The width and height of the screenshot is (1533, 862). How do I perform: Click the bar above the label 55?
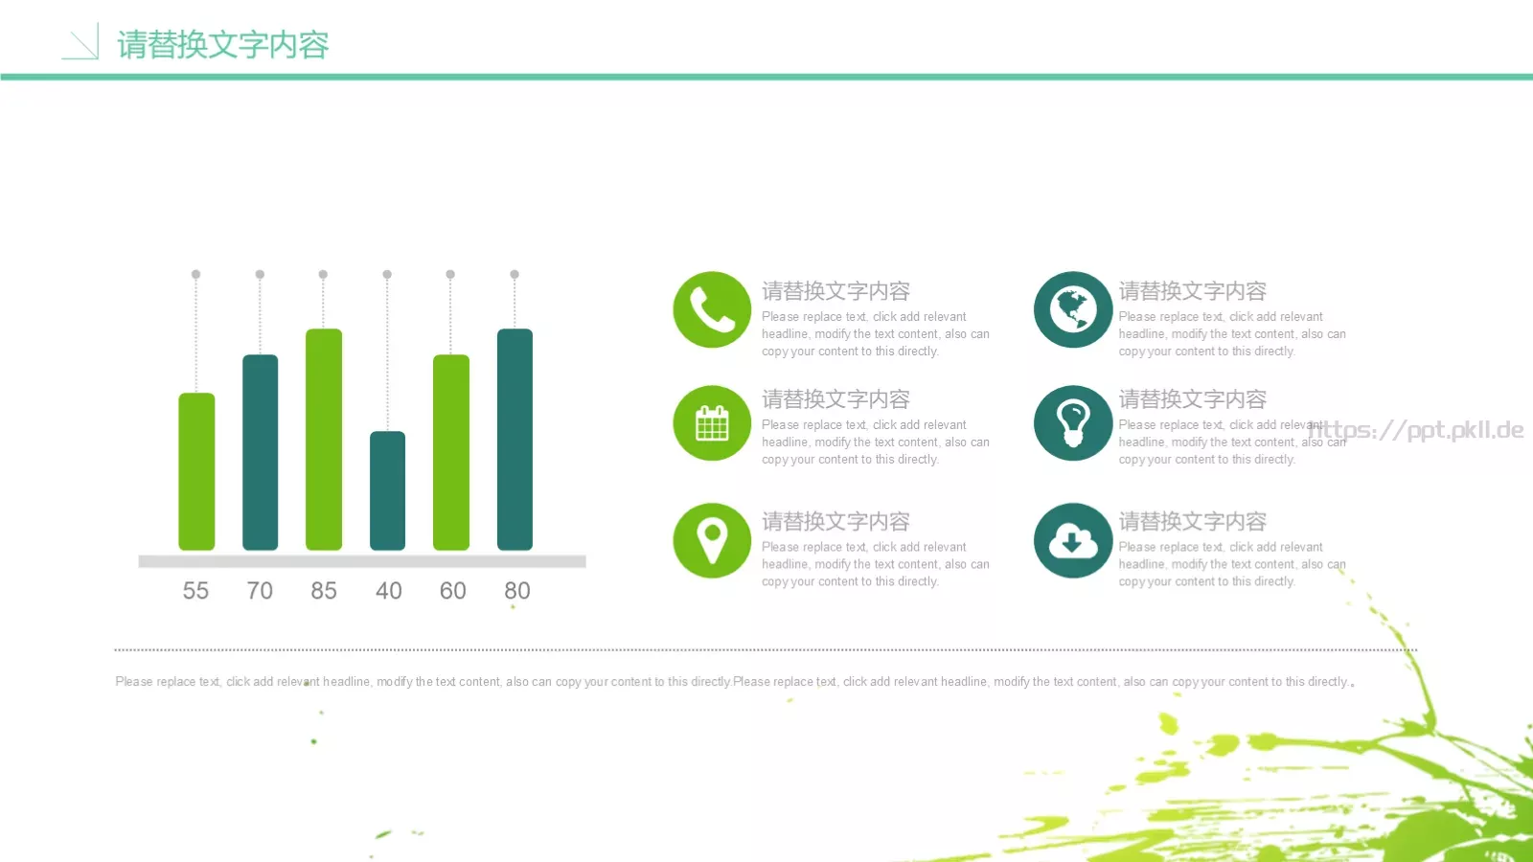tap(196, 471)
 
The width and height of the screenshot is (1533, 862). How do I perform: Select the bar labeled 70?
tap(260, 452)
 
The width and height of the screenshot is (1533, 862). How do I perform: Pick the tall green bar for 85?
tap(324, 440)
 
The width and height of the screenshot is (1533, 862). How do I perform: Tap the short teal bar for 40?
tap(387, 490)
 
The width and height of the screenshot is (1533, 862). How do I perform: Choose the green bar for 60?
tap(451, 452)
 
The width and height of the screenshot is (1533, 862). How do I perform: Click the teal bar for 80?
tap(515, 440)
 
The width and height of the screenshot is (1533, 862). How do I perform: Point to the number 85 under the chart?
tap(324, 590)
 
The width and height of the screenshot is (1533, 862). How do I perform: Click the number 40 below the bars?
tap(388, 590)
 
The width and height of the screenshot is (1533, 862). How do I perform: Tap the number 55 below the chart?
tap(195, 590)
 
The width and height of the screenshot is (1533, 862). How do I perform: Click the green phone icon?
tap(712, 309)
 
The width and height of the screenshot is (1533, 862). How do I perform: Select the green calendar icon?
tap(712, 422)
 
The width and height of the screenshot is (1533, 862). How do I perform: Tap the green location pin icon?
tap(712, 540)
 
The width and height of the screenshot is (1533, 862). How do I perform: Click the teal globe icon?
tap(1072, 309)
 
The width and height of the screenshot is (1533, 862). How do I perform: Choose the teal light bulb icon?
tap(1072, 422)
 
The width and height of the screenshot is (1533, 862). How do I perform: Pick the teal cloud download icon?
tap(1072, 540)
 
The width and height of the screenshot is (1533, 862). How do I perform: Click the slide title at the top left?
tap(223, 44)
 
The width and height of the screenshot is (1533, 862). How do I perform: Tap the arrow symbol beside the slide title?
tap(80, 41)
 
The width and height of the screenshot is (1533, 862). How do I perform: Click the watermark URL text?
tap(1416, 430)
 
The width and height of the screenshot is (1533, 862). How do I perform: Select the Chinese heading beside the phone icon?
tap(835, 291)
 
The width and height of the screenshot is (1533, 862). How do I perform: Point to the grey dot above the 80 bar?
tap(515, 274)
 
